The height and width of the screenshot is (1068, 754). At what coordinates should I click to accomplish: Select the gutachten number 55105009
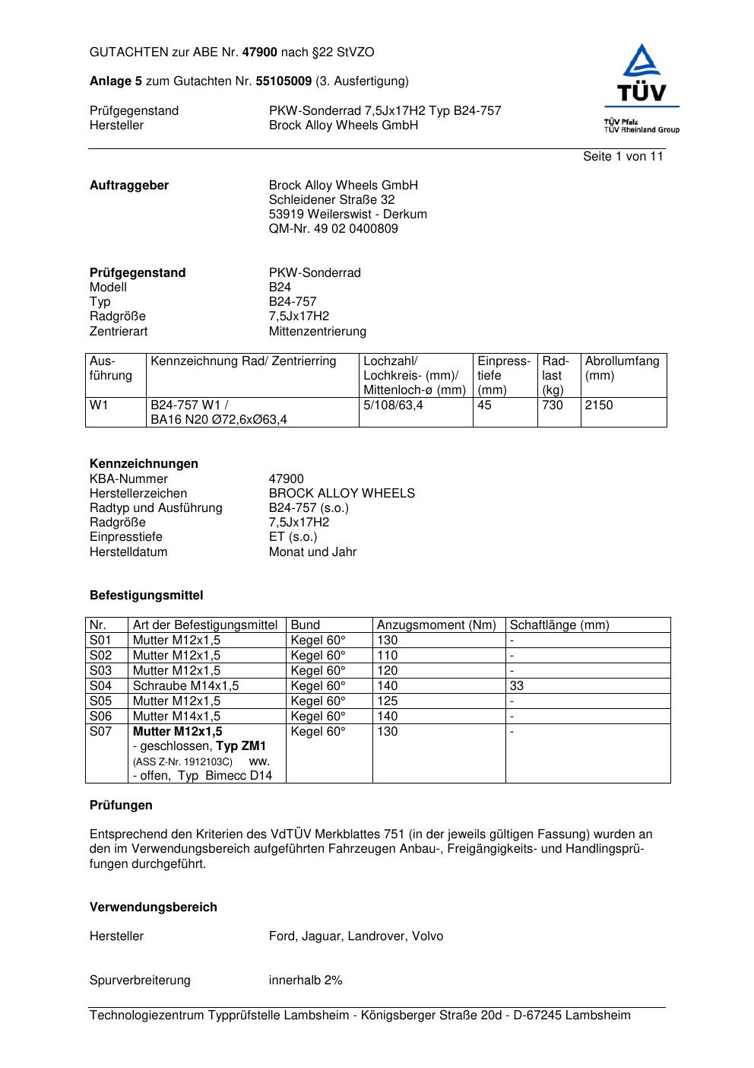pyautogui.click(x=284, y=81)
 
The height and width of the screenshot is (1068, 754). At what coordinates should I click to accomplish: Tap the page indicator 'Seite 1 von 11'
pyautogui.click(x=623, y=157)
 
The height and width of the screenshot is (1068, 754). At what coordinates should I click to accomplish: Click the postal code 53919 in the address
pyautogui.click(x=285, y=215)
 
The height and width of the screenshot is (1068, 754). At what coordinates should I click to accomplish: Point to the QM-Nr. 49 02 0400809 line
pyautogui.click(x=333, y=229)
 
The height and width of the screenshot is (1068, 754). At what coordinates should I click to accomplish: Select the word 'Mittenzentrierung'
pyautogui.click(x=317, y=332)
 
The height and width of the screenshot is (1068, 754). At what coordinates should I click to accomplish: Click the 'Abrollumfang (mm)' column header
pyautogui.click(x=622, y=368)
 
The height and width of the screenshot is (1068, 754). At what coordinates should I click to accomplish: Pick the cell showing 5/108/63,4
pyautogui.click(x=393, y=405)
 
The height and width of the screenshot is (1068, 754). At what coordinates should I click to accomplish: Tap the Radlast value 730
pyautogui.click(x=553, y=405)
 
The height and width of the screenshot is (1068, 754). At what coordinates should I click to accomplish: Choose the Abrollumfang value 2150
pyautogui.click(x=599, y=405)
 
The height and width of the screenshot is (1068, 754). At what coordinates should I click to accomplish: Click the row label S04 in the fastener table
pyautogui.click(x=100, y=686)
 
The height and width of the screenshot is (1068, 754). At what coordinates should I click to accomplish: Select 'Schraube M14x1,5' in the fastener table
pyautogui.click(x=185, y=686)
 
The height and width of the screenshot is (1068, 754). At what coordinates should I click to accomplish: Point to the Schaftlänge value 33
pyautogui.click(x=517, y=686)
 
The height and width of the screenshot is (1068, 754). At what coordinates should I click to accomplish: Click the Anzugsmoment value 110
pyautogui.click(x=387, y=656)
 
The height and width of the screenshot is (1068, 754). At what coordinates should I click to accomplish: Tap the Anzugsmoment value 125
pyautogui.click(x=387, y=701)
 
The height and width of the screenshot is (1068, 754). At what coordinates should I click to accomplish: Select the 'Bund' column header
pyautogui.click(x=306, y=625)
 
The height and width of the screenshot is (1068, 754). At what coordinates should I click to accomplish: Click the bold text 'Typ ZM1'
pyautogui.click(x=241, y=746)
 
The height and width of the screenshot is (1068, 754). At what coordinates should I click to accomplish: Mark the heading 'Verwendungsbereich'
pyautogui.click(x=154, y=907)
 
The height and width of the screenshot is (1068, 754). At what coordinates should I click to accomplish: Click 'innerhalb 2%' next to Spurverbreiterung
pyautogui.click(x=306, y=981)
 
